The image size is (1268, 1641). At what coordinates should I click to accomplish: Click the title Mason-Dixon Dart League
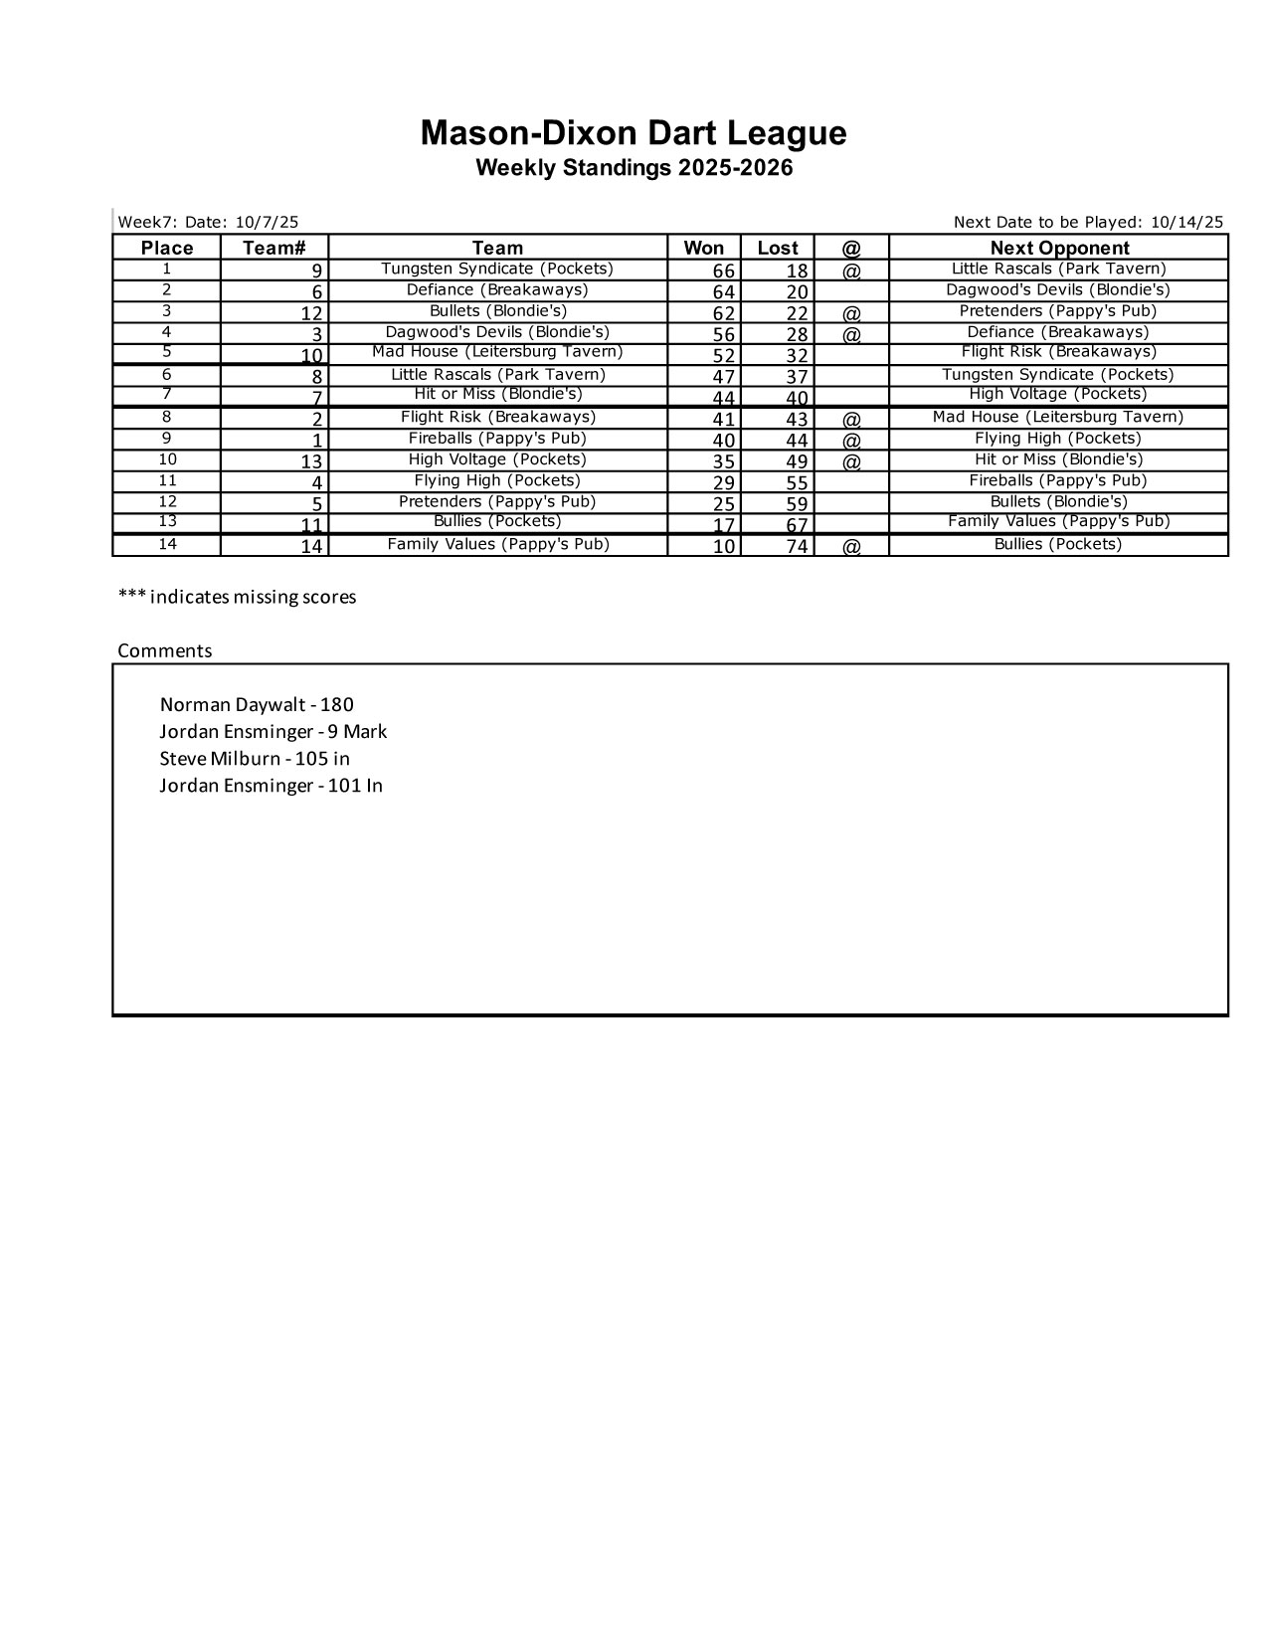(634, 133)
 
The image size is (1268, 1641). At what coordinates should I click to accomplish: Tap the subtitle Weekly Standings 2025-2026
(634, 168)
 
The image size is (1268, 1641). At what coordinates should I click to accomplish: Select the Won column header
(703, 248)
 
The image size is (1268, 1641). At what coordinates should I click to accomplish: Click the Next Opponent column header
(1059, 248)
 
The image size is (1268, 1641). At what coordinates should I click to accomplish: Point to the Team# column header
(273, 248)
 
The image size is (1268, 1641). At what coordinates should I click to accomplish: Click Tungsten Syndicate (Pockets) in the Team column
(497, 269)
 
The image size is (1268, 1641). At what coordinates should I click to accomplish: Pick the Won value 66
(723, 272)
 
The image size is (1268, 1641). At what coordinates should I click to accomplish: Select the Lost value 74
(797, 546)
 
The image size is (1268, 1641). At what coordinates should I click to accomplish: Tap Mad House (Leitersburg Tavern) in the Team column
(497, 352)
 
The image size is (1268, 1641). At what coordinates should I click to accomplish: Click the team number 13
(311, 461)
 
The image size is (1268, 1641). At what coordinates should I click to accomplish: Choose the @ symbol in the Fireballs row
(851, 440)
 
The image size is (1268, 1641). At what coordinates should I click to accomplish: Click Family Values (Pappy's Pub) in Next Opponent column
(1058, 522)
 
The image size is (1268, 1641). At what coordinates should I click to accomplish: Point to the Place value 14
(167, 544)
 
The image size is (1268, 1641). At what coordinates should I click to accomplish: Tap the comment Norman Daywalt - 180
(257, 705)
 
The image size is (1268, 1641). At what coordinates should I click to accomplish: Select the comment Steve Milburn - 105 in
(255, 759)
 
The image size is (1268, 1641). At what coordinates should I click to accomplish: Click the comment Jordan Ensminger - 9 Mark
(273, 732)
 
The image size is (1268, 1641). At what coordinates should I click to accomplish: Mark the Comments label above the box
(165, 651)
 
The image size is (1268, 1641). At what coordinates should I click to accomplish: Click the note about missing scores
(237, 597)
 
